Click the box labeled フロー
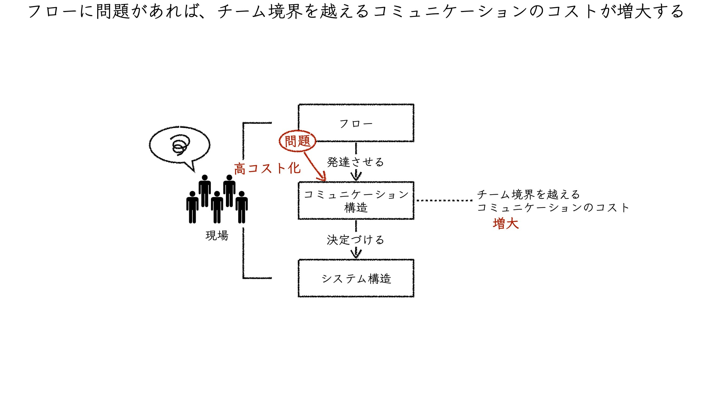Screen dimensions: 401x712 click(356, 123)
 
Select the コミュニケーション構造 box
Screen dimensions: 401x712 click(356, 201)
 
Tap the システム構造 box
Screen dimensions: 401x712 click(356, 278)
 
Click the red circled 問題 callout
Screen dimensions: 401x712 click(298, 141)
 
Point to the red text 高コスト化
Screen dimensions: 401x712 click(267, 168)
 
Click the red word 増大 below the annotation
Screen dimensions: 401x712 click(506, 223)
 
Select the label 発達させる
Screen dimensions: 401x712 click(355, 162)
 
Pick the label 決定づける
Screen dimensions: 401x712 click(355, 240)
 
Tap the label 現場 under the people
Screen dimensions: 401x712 click(217, 236)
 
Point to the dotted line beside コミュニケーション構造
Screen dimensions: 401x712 click(444, 200)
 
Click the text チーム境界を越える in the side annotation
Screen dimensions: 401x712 click(529, 194)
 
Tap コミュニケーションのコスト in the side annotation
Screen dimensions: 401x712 click(553, 207)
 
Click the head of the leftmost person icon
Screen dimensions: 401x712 click(192, 194)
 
